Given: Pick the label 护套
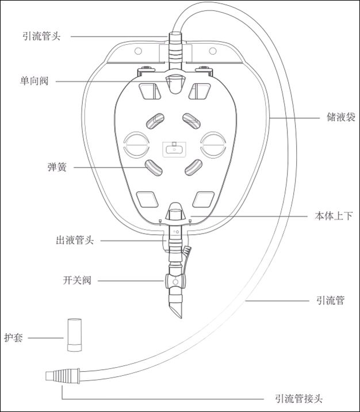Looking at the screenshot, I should click(x=13, y=338).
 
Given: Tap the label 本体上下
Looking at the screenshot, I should click(x=334, y=216).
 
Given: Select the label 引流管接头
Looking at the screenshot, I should click(x=299, y=398).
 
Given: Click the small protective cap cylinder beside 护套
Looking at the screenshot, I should click(x=73, y=334).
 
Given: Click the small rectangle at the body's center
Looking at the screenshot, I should click(x=174, y=148).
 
